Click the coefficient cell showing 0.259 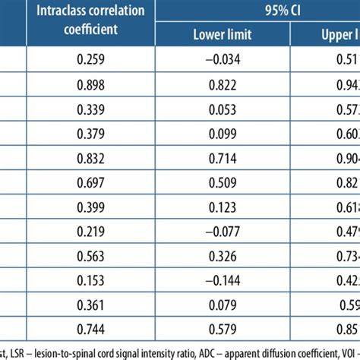(90, 60)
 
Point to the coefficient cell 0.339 (90, 112)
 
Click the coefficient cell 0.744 (90, 328)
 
